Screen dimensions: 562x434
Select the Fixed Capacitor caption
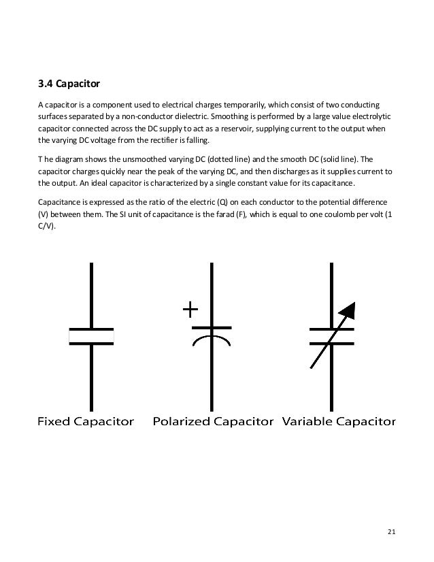pos(86,422)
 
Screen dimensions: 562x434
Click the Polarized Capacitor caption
pos(213,422)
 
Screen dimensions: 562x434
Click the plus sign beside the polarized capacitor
pos(190,312)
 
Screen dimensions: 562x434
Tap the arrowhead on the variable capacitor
pos(347,311)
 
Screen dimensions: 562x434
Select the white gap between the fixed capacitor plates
pos(91,336)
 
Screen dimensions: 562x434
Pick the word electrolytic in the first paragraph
pos(378,116)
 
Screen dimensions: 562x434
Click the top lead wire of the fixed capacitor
pos(91,293)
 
